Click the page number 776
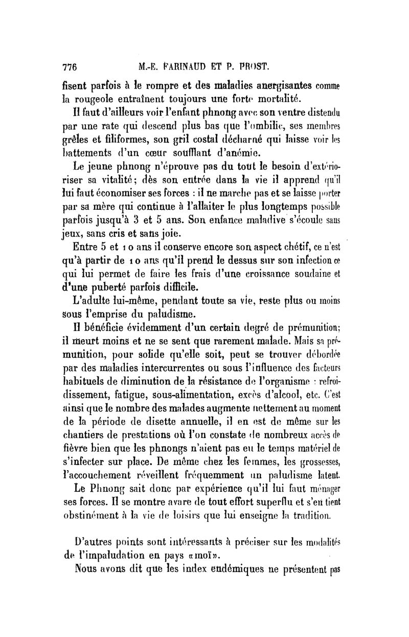click(69, 67)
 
